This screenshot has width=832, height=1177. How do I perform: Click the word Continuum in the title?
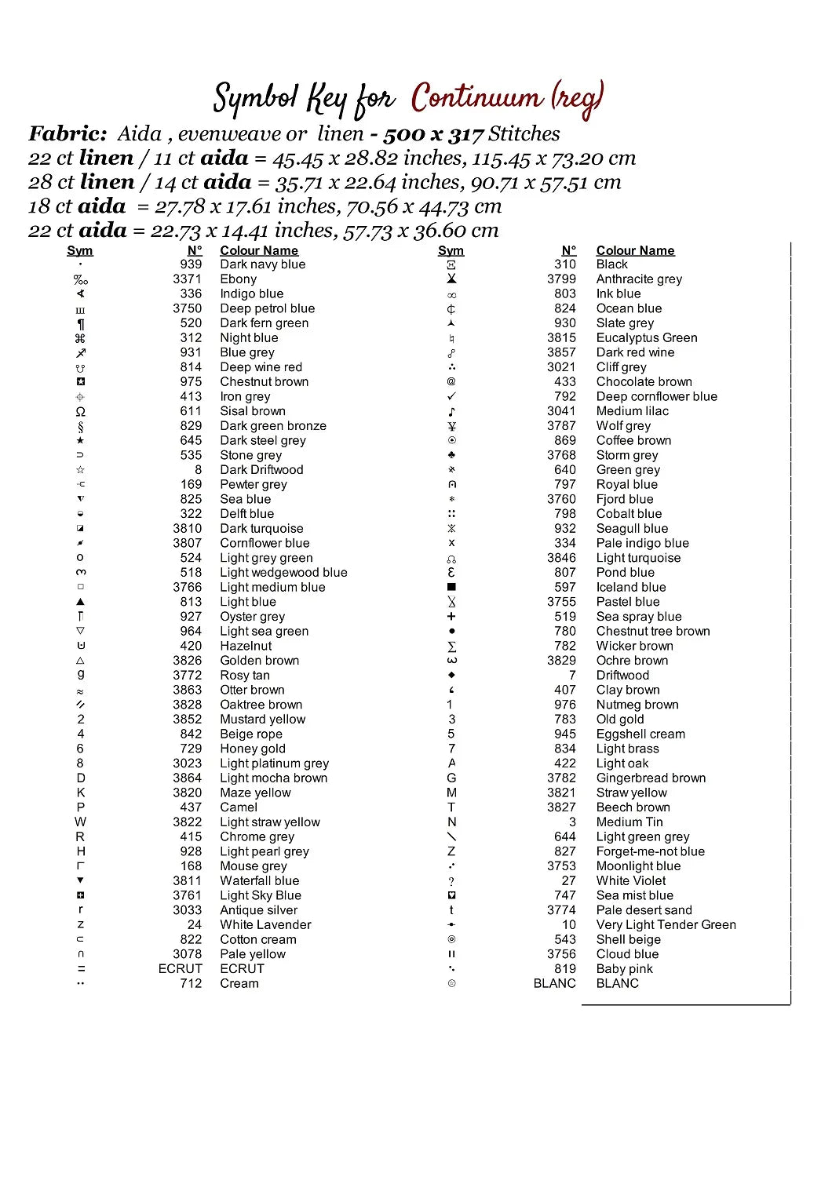coord(476,98)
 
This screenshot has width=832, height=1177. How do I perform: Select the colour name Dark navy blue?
coord(262,264)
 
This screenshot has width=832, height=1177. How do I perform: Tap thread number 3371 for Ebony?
coord(187,279)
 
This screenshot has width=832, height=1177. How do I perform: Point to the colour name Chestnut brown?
coord(264,382)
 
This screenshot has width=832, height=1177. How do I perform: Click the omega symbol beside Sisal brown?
coord(80,412)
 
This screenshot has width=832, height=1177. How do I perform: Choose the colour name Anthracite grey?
coord(639,279)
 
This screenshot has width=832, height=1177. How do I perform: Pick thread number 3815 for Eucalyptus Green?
coord(561,338)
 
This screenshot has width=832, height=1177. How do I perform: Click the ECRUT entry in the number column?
coord(180,969)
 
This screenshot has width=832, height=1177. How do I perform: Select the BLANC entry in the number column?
coord(554,984)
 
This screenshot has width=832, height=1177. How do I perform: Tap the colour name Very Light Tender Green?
coord(666,925)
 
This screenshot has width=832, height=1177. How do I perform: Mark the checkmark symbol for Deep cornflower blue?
coord(451,397)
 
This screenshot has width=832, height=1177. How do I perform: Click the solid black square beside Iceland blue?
coord(451,588)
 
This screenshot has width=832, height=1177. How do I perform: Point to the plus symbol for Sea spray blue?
coord(451,617)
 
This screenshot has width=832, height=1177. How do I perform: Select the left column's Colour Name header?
coord(259,251)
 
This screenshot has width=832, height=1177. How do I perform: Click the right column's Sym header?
coord(451,251)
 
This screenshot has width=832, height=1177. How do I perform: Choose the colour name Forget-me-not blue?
coord(650,851)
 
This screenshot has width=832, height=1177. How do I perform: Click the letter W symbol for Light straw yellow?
coord(80,822)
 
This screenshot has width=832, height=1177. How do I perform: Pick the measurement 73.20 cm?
coord(599,159)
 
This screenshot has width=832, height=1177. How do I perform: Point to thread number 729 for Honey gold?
coord(191,749)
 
